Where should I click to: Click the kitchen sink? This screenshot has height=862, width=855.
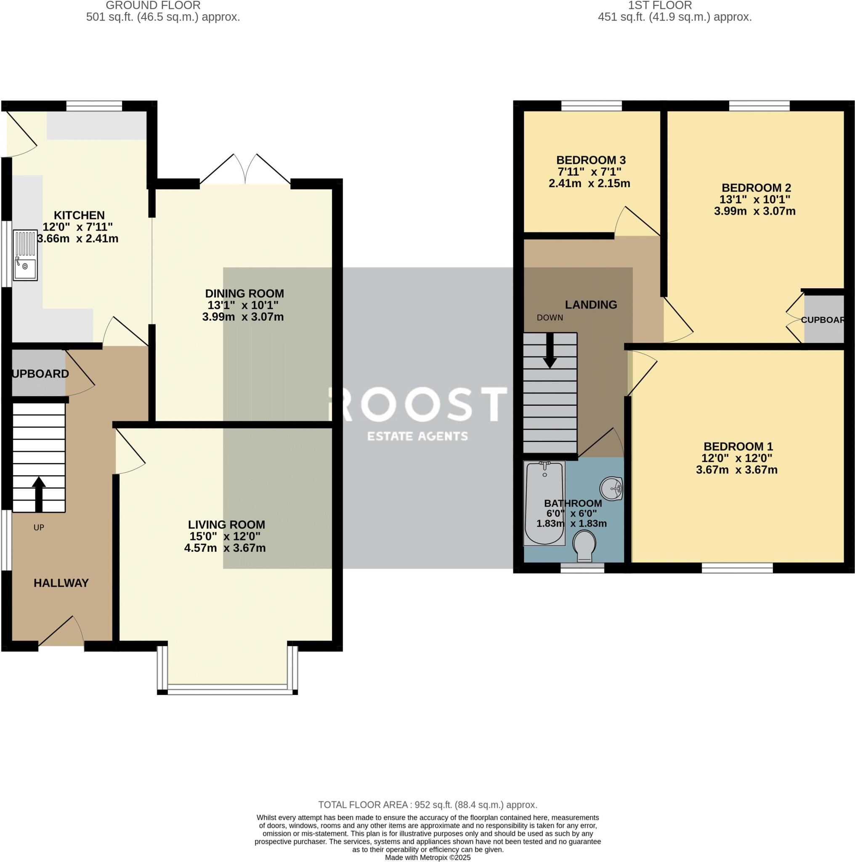click(x=25, y=255)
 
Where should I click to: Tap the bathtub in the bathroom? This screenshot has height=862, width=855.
click(x=544, y=503)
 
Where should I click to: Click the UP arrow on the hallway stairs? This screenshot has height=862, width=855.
click(x=39, y=493)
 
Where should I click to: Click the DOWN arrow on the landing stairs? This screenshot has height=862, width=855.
click(x=550, y=351)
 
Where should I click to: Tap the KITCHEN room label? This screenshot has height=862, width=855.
click(x=79, y=215)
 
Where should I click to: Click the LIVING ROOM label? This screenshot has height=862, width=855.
click(x=226, y=525)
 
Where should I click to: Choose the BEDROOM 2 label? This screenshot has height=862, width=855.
click(x=756, y=188)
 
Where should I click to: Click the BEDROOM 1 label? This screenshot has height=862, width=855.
click(x=738, y=446)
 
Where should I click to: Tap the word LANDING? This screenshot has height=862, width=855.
click(x=590, y=305)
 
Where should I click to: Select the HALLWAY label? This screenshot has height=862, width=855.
click(x=61, y=583)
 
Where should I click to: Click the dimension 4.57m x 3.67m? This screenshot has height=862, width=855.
click(x=225, y=548)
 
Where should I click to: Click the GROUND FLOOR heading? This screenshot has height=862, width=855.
click(x=153, y=6)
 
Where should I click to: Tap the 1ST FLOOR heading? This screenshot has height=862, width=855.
click(x=660, y=6)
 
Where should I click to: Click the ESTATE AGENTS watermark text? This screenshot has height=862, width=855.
click(x=417, y=436)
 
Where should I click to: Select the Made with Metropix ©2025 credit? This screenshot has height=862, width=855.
click(x=427, y=857)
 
